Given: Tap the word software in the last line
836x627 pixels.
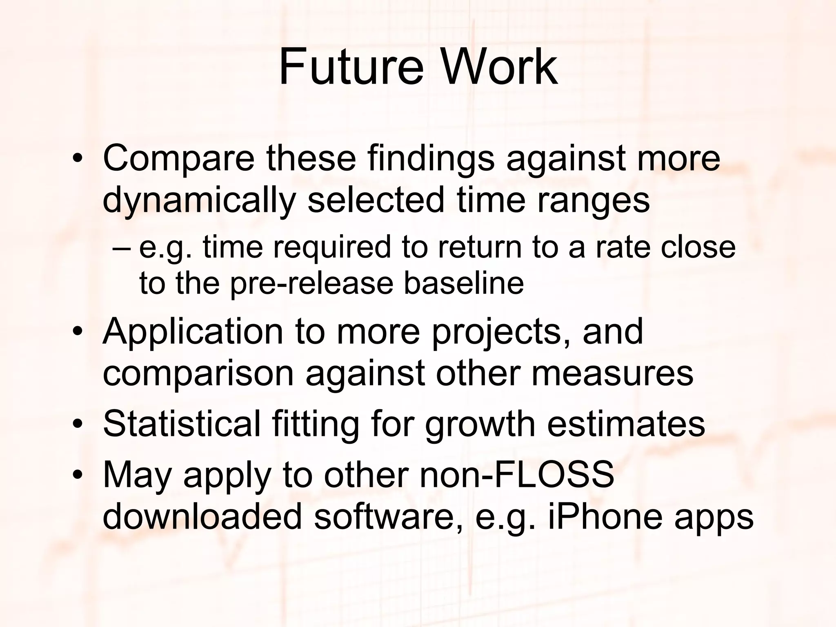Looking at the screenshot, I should pyautogui.click(x=388, y=516).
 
